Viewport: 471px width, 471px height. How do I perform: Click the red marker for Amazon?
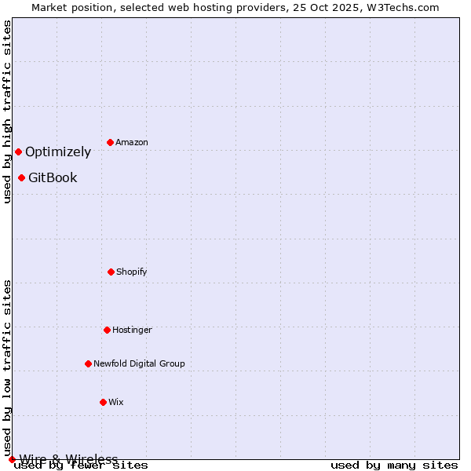(x=110, y=142)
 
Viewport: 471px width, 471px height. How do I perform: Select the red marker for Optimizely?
(x=18, y=152)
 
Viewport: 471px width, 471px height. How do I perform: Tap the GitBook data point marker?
(x=21, y=177)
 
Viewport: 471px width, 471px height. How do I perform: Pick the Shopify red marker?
(x=111, y=272)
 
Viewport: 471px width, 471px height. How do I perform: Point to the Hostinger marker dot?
(x=107, y=330)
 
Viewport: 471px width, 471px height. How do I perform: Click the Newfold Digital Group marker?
(x=88, y=363)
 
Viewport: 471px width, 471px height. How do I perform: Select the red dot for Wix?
(x=103, y=402)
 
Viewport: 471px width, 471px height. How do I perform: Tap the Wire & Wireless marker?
(x=12, y=459)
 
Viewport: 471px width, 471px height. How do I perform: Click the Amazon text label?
(x=132, y=143)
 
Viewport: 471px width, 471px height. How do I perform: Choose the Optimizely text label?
(x=58, y=152)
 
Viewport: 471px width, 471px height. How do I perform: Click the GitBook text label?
(x=53, y=178)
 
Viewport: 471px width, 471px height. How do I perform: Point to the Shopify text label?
(x=132, y=272)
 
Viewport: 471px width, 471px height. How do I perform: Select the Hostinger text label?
(x=132, y=330)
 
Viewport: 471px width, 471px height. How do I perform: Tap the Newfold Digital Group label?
(x=139, y=364)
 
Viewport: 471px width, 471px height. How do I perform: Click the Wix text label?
(x=116, y=403)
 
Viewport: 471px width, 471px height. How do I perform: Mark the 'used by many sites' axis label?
(x=394, y=465)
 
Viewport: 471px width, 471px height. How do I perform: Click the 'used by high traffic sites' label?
(x=7, y=111)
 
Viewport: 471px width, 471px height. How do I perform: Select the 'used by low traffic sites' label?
(x=7, y=367)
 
